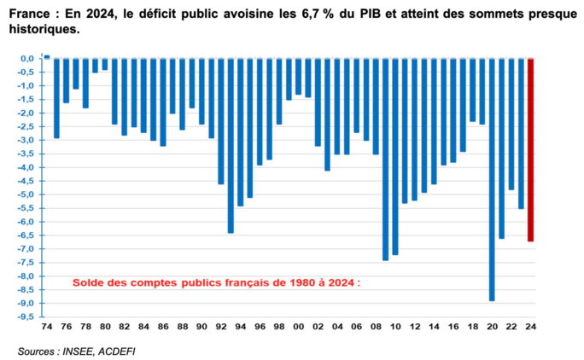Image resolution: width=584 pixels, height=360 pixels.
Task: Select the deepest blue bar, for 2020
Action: [492, 179]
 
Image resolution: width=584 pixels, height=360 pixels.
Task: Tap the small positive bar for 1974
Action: [47, 56]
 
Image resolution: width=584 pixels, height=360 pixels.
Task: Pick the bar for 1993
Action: [231, 145]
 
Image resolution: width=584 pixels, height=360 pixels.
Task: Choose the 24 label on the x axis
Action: [530, 327]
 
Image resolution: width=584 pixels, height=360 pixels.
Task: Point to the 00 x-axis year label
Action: [298, 327]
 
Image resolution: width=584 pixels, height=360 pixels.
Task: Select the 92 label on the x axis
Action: [220, 327]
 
